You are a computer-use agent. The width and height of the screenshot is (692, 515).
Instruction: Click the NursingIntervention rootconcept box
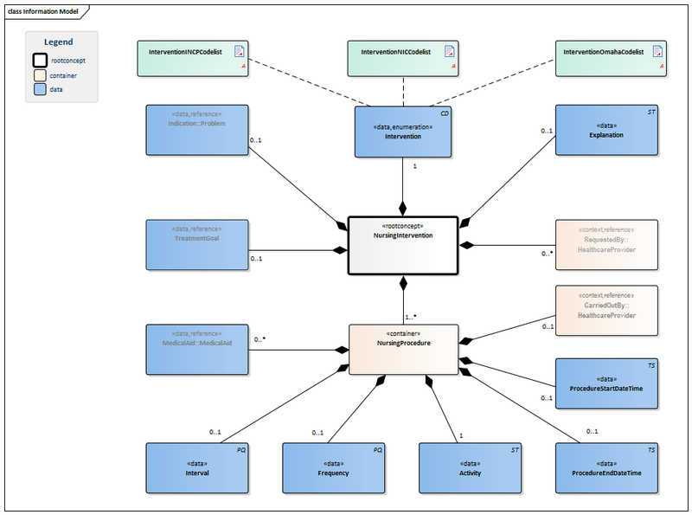coord(402,245)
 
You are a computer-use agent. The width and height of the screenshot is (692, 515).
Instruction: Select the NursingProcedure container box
coord(403,350)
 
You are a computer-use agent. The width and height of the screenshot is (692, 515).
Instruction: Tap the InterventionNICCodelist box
coord(403,58)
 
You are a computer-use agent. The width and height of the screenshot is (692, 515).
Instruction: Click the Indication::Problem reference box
coord(196,131)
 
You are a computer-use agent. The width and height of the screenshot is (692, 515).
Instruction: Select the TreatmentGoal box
coord(196,245)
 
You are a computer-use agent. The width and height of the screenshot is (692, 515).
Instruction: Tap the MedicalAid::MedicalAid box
coord(196,350)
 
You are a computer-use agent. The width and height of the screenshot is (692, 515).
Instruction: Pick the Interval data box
coord(196,468)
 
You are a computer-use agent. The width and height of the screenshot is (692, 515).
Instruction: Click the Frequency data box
coord(333,468)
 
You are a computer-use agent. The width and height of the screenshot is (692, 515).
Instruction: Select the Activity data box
coord(470,468)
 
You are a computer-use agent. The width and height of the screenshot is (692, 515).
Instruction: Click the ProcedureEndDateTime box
coord(605,468)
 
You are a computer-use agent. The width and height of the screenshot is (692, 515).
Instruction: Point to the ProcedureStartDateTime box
coord(605,383)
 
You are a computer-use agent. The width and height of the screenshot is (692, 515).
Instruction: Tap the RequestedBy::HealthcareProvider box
coord(605,245)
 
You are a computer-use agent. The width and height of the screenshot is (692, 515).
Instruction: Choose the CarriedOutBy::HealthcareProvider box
coord(605,310)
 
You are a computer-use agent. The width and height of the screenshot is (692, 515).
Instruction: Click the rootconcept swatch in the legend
coord(40,61)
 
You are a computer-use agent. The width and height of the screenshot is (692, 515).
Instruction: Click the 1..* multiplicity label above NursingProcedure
coord(411,317)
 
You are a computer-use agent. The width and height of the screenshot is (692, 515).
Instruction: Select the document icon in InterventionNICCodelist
coord(449,51)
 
